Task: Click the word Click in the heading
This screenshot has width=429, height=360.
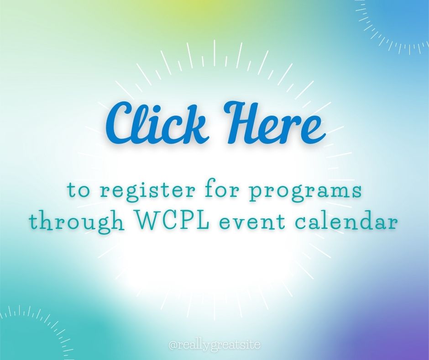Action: [x=156, y=122]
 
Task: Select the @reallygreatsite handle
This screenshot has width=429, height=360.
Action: [x=214, y=344]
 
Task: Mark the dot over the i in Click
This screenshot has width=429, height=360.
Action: [x=155, y=111]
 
